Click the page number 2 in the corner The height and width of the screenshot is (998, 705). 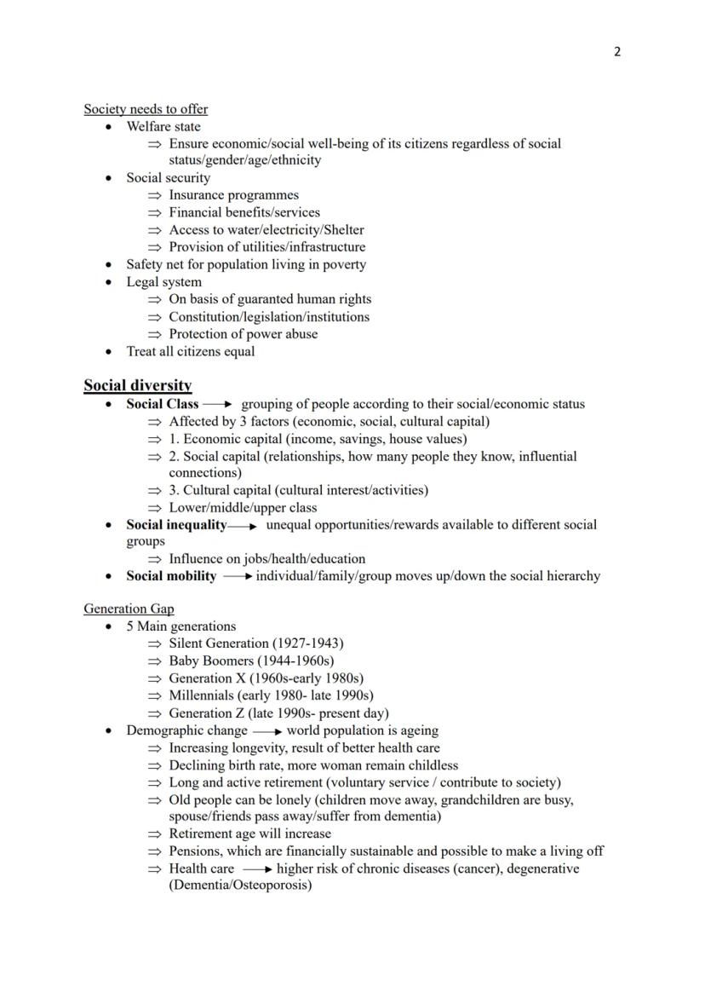[617, 52]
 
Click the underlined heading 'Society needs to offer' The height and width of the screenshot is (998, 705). [146, 109]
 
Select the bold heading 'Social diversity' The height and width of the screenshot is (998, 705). [137, 385]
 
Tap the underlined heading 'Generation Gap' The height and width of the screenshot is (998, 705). [129, 609]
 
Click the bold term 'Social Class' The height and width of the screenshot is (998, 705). [163, 404]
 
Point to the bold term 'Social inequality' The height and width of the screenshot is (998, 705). [176, 525]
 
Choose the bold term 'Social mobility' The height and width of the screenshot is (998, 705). [171, 576]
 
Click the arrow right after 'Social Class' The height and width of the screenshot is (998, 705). [217, 405]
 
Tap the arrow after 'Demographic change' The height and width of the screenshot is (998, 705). [267, 731]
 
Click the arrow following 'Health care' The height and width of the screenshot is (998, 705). [256, 869]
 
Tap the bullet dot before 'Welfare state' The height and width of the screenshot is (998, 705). [108, 127]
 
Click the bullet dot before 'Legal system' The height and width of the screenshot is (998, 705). [108, 282]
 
